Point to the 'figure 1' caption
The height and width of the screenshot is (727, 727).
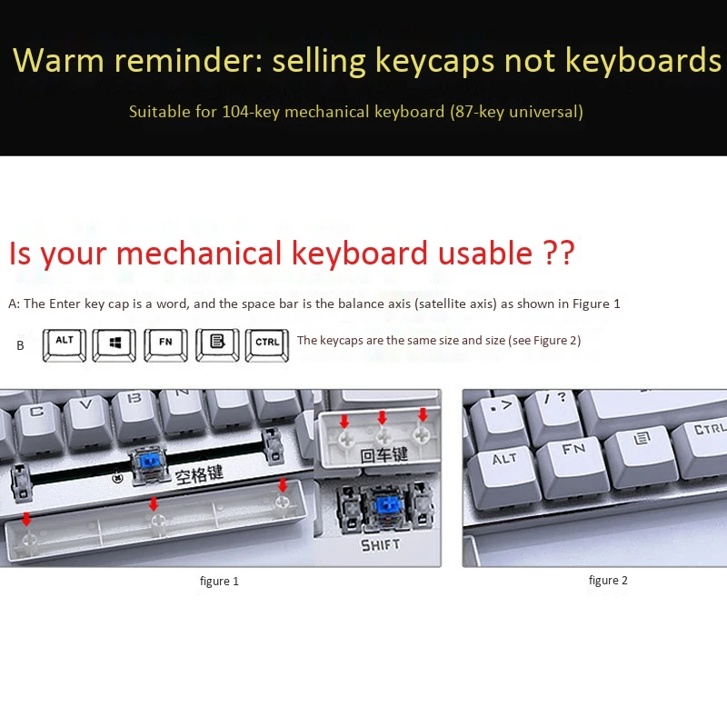[x=219, y=581]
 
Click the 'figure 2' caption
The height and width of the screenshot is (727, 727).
[x=608, y=580]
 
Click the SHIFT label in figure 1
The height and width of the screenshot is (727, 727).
[x=380, y=545]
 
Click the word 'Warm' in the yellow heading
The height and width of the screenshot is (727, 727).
[x=59, y=60]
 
